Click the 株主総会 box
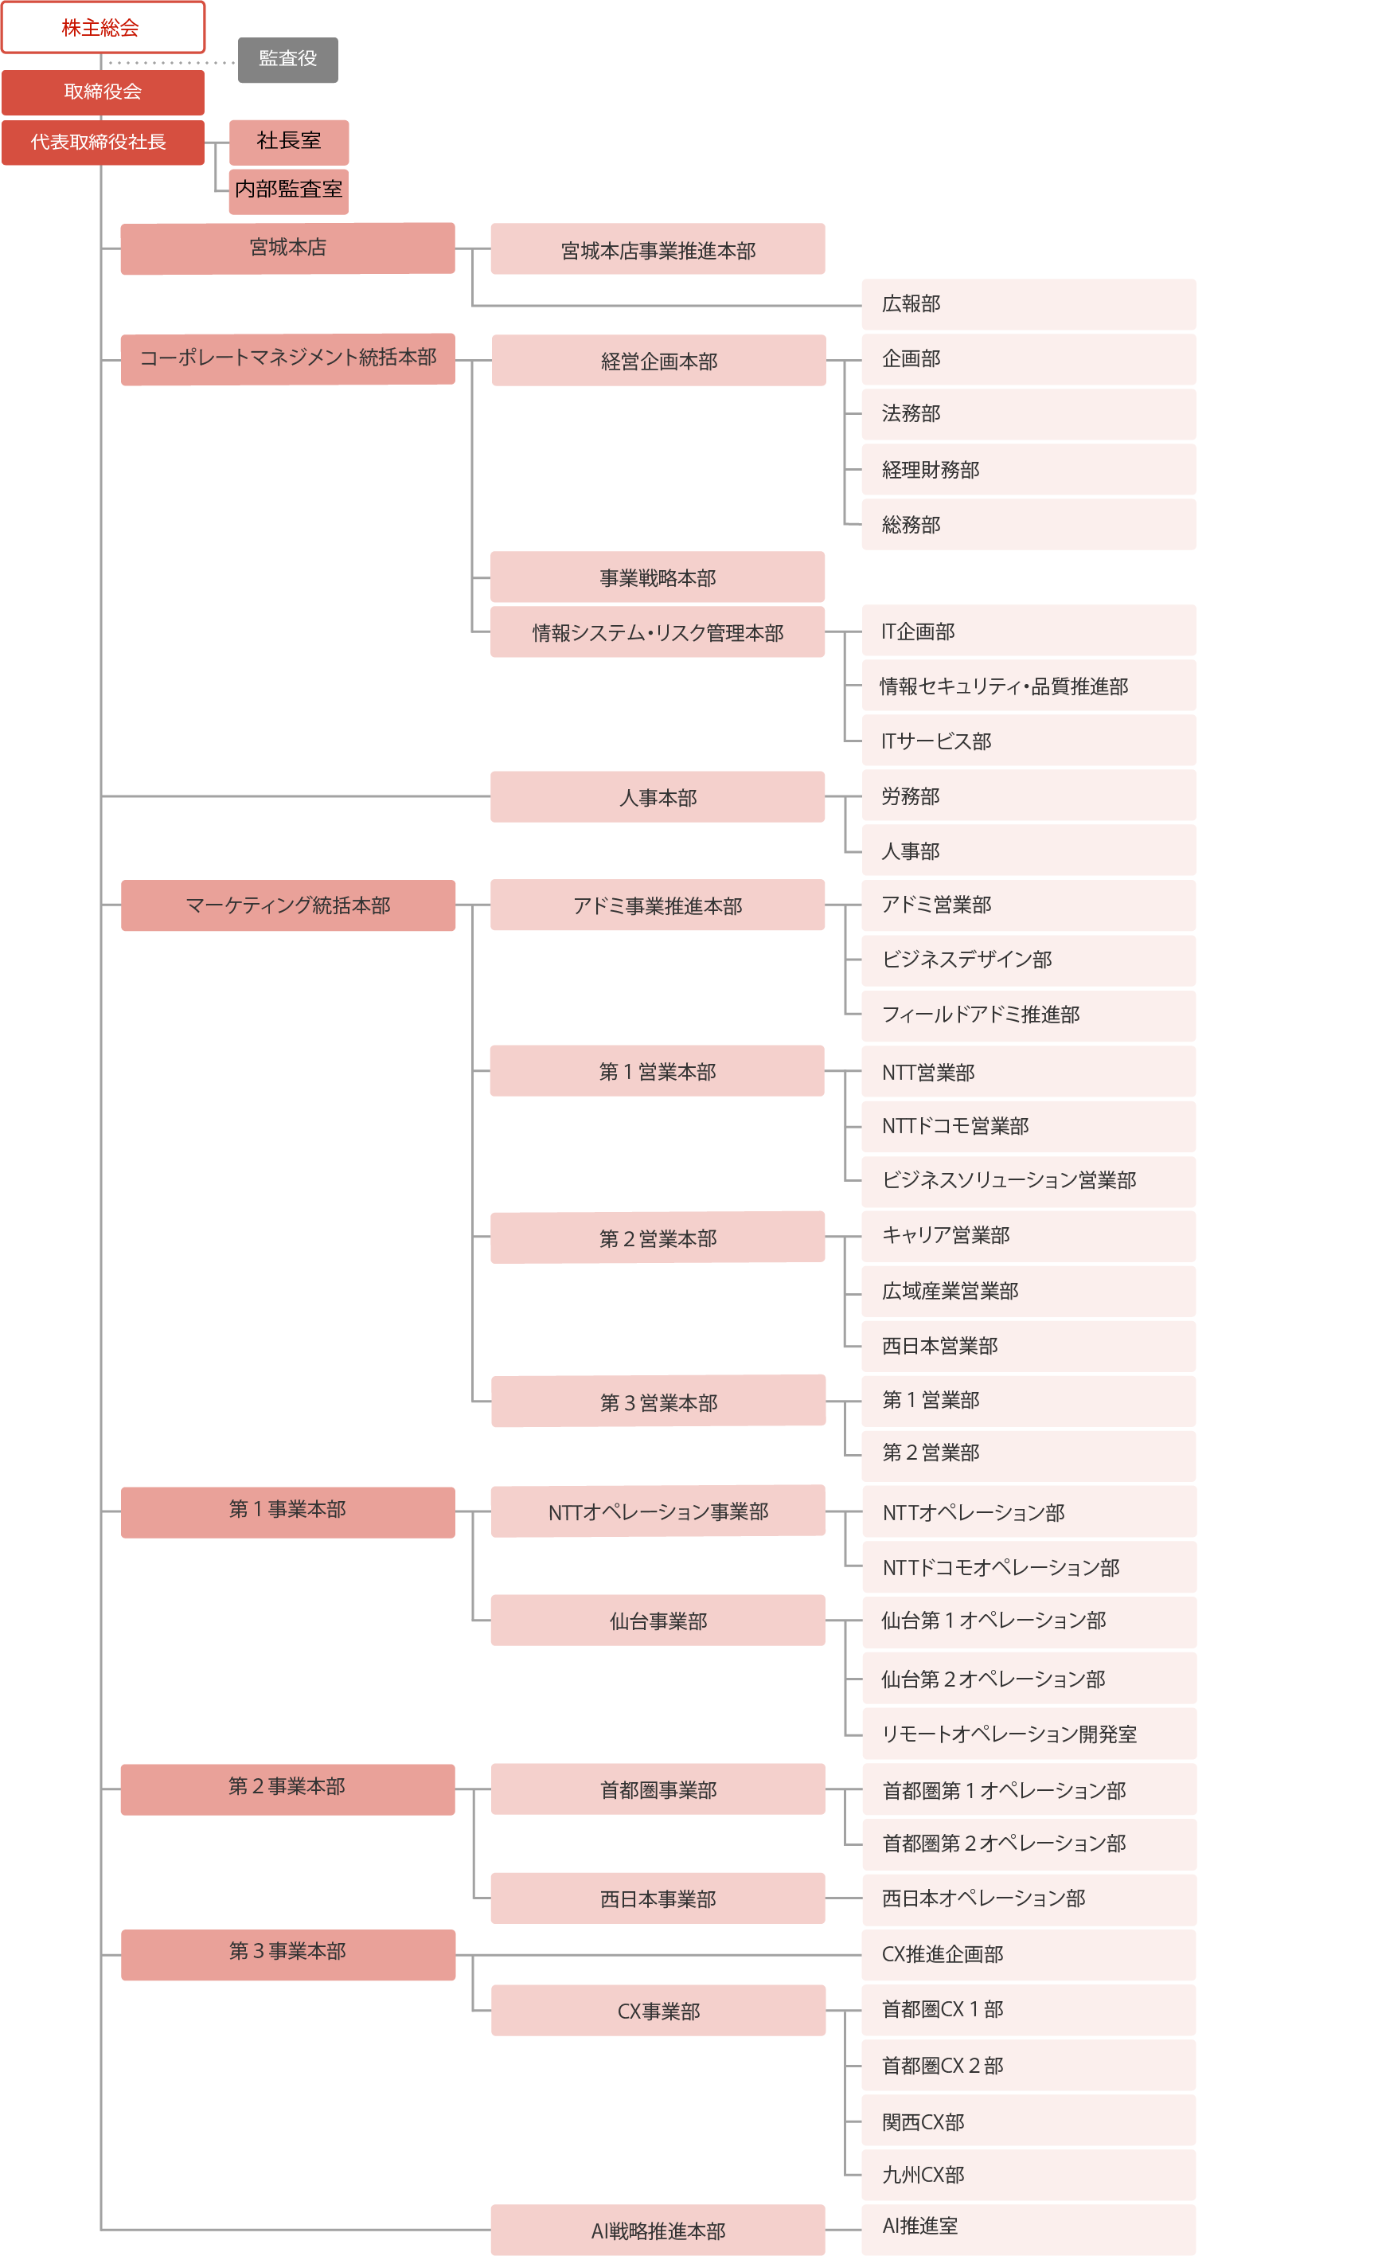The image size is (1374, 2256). [103, 27]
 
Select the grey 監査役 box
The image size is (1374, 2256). [288, 60]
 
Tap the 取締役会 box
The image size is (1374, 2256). [103, 92]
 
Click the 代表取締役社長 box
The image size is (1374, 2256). [103, 143]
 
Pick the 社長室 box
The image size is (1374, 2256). [288, 142]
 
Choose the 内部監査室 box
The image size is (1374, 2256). [288, 191]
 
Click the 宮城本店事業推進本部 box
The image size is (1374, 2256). [658, 249]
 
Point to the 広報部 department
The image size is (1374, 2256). [1029, 305]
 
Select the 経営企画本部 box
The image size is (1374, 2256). [659, 361]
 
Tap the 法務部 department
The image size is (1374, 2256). [1029, 415]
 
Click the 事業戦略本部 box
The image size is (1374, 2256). [658, 577]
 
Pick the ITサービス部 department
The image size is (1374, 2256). [1029, 741]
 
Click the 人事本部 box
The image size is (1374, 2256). [658, 797]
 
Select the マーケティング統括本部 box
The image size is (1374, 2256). [288, 905]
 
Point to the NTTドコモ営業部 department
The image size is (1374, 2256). [1029, 1127]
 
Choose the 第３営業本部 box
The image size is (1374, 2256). [659, 1402]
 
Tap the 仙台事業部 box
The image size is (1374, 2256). [658, 1621]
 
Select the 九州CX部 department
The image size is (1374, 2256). [1029, 2176]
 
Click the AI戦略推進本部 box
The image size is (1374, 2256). [658, 2231]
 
